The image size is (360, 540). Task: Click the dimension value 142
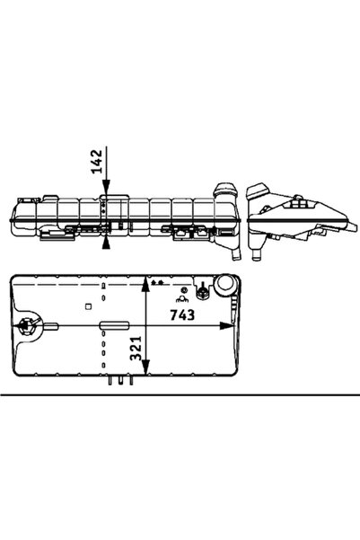tap(97, 161)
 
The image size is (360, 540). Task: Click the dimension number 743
tap(182, 314)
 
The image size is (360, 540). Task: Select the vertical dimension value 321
tap(136, 349)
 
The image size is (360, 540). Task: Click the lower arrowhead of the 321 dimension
tap(146, 367)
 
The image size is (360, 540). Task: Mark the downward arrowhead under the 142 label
tap(106, 187)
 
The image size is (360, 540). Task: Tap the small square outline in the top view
tap(89, 305)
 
